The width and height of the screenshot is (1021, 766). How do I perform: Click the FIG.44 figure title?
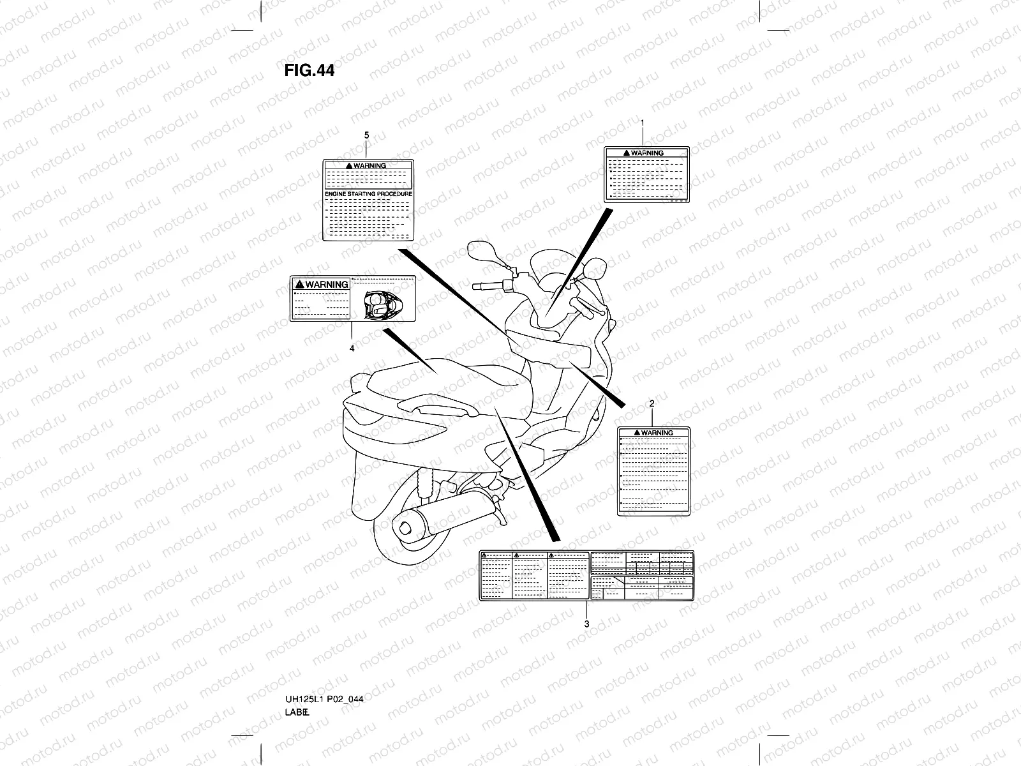coord(309,70)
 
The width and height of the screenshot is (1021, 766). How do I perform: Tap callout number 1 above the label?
coord(642,123)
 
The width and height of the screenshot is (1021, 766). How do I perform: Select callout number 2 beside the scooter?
coord(652,403)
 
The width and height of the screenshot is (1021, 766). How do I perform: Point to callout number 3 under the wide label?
coord(586,624)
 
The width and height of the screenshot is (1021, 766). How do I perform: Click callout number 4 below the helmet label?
coord(351,349)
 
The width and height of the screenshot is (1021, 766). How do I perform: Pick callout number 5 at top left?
coord(366,135)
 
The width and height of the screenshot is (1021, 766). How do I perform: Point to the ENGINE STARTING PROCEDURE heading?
coord(368,193)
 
